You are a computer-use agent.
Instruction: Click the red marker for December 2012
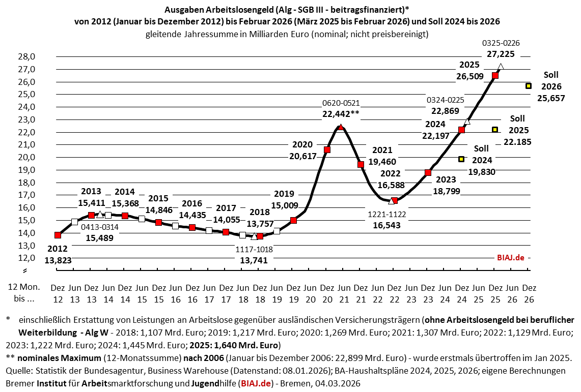tap(58, 235)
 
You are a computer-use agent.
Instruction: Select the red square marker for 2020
tap(327, 149)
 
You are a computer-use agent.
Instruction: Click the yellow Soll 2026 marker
tap(529, 86)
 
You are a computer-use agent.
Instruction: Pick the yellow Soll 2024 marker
tap(461, 159)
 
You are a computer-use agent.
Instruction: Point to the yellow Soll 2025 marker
tap(495, 130)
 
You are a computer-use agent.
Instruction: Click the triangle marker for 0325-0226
tap(501, 67)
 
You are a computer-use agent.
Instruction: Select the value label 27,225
tap(501, 54)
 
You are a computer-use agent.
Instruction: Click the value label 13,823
tap(58, 260)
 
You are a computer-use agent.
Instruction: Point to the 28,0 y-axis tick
tap(26, 57)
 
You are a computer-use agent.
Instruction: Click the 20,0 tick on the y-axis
tap(26, 157)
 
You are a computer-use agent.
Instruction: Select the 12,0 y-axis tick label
tap(26, 258)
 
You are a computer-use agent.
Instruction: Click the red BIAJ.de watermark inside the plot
tap(510, 258)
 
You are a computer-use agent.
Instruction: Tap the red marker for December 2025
tap(495, 75)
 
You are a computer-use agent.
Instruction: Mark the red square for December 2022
tap(394, 200)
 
